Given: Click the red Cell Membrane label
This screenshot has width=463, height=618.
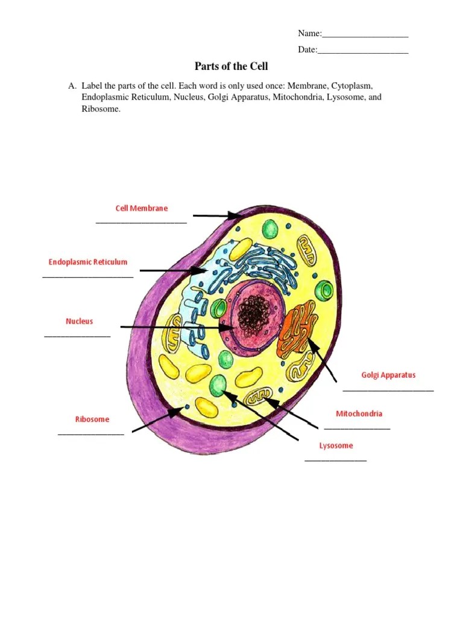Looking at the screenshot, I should (x=142, y=208).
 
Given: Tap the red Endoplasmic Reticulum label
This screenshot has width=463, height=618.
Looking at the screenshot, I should (x=88, y=262).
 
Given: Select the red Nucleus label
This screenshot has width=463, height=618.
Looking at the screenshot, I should (x=80, y=322).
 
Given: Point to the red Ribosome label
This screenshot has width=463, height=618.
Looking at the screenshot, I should (x=92, y=419).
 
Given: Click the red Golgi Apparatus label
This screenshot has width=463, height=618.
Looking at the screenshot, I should (x=388, y=375).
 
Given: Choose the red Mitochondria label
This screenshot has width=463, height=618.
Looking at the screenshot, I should (x=359, y=413).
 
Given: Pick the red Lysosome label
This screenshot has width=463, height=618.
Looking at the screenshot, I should (x=336, y=445).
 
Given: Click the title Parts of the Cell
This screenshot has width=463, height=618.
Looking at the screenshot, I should (x=231, y=66).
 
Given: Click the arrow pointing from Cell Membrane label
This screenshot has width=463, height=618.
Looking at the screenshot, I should (x=217, y=215).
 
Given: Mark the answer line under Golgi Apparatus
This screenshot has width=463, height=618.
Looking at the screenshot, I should (x=388, y=390).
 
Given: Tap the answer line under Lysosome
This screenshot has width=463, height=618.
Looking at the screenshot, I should (x=336, y=460).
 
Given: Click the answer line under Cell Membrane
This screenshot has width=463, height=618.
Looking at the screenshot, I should (x=142, y=222).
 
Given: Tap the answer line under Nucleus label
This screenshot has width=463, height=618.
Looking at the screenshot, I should (x=78, y=336).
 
